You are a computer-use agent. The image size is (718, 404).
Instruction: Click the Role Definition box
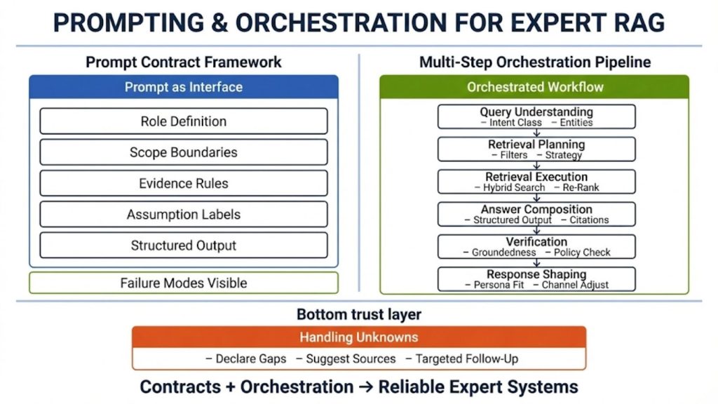coord(184,121)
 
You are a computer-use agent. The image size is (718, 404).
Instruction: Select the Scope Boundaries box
coord(184,152)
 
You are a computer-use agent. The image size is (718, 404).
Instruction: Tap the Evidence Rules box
coord(184,183)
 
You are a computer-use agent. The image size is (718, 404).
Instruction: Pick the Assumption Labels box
coord(184,215)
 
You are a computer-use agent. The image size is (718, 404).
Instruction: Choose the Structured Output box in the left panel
coord(184,245)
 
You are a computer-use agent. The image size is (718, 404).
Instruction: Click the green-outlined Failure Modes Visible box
coord(184,283)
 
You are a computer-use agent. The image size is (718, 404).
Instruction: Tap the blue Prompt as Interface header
coord(184,88)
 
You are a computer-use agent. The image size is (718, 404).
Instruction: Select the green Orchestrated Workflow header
coord(535,88)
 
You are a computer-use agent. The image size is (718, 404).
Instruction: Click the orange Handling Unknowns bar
coord(359,337)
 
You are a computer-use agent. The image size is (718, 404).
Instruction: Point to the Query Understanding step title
coord(536,112)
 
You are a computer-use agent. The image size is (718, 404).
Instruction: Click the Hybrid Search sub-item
coord(514,188)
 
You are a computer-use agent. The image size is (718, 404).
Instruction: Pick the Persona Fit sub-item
coord(499,285)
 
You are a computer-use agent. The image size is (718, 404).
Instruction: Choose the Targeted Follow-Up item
coord(466,359)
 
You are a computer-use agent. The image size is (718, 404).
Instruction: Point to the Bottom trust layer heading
coord(359,314)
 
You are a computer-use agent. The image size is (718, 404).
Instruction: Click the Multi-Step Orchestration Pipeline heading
coord(535,62)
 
